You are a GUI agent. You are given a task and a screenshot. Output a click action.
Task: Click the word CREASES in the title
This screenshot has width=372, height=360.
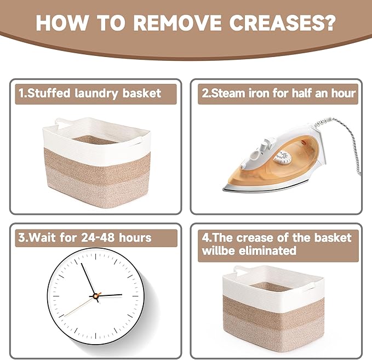click(282, 22)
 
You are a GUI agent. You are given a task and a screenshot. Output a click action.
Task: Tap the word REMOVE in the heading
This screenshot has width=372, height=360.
click(177, 22)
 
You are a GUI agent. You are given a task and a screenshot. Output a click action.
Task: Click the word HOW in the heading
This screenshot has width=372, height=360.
click(61, 22)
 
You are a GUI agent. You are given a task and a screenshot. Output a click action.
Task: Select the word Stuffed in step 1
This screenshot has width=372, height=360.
click(49, 93)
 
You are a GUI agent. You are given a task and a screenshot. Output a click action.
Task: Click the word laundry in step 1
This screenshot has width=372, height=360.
click(96, 94)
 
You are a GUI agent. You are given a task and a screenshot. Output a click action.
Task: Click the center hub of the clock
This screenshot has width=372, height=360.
click(96, 296)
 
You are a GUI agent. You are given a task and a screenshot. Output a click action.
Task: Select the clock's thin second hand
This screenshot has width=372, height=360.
click(79, 306)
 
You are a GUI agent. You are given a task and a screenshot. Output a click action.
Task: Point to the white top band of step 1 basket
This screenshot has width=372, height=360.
click(95, 142)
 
